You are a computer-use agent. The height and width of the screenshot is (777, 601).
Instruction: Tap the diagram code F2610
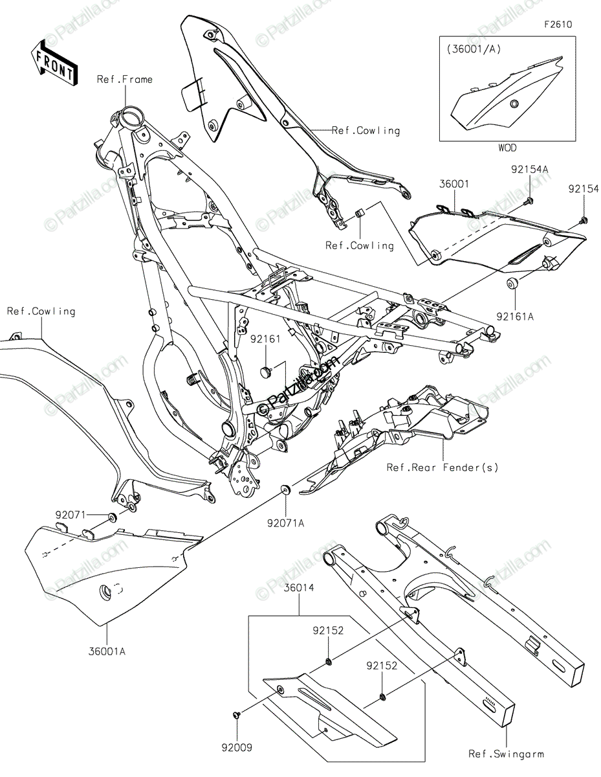coord(558,25)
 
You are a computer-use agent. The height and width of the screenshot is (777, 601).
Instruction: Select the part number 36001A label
coord(107,651)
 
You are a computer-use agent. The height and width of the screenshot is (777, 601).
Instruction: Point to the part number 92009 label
coord(237,747)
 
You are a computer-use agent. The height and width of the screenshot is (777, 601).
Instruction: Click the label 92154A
coord(529,169)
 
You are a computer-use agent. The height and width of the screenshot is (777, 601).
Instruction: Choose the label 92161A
coord(514,316)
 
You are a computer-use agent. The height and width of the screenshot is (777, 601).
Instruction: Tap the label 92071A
coord(285,523)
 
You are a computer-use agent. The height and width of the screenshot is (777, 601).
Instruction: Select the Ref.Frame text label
coord(125,80)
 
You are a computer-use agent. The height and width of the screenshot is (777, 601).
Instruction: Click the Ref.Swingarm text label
coord(506,754)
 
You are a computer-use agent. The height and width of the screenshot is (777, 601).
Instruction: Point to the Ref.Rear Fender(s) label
coord(442,467)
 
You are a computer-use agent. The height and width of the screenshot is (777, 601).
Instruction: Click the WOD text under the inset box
coord(507,148)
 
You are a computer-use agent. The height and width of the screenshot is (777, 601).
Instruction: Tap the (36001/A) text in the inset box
coord(474,49)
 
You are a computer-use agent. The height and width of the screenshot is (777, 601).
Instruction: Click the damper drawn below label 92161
coord(266,371)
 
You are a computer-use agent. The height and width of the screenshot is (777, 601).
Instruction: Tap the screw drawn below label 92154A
coord(528,203)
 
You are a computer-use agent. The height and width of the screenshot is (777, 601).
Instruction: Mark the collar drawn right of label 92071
coord(112,517)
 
